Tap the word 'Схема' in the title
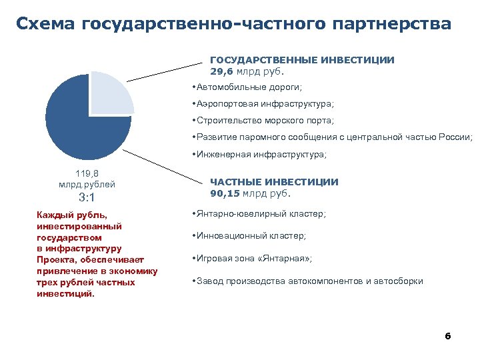(45, 24)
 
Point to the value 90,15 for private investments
(224, 193)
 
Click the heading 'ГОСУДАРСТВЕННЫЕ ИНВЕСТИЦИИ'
(302, 60)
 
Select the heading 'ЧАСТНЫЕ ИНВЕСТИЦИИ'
(274, 182)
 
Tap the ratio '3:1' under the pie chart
(87, 197)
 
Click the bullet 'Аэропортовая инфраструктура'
(264, 104)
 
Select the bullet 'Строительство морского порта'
(264, 121)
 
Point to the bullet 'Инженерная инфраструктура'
(261, 154)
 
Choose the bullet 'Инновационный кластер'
(250, 236)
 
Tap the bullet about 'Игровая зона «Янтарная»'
(253, 258)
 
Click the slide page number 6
(447, 335)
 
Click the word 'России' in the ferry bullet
(455, 137)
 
